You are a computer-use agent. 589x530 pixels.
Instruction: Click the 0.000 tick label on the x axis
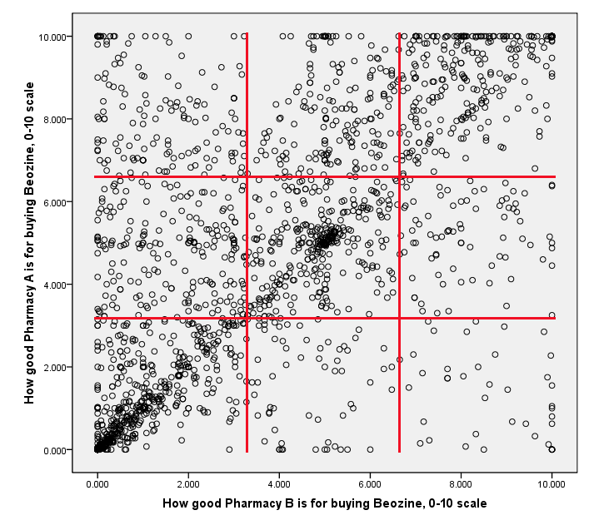[97, 482]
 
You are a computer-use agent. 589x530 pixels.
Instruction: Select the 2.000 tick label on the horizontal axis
[188, 482]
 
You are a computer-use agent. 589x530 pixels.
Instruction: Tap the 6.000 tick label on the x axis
[370, 482]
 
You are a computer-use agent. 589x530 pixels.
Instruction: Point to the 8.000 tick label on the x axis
[461, 482]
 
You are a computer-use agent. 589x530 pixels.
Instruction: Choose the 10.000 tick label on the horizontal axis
[552, 482]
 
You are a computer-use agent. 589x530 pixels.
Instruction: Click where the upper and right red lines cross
[399, 176]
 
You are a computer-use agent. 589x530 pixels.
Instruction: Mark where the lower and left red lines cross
[247, 318]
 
